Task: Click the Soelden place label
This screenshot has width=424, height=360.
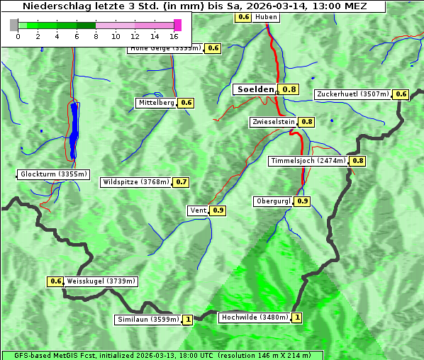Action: [x=255, y=89]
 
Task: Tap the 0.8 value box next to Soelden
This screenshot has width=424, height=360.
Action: [x=289, y=89]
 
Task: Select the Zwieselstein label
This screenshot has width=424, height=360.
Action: [x=273, y=122]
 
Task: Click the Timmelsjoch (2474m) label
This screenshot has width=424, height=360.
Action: [x=308, y=161]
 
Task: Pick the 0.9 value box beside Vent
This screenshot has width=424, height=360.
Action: [x=218, y=210]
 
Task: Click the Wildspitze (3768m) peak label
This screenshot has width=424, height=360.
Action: [x=136, y=182]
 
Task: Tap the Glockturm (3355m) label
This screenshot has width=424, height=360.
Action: [x=54, y=174]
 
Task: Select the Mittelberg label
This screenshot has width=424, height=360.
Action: [x=157, y=103]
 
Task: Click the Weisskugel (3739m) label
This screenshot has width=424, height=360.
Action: [x=101, y=281]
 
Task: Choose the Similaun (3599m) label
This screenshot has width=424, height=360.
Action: [x=149, y=320]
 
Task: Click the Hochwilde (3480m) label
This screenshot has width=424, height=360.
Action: [x=254, y=317]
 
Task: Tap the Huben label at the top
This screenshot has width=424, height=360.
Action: [x=266, y=16]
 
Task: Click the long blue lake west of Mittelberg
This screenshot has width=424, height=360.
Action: [x=74, y=131]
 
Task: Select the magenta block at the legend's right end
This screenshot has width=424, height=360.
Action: [x=177, y=25]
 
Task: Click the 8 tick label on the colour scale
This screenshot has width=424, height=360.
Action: [x=96, y=35]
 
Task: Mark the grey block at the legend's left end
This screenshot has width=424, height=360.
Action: [x=14, y=25]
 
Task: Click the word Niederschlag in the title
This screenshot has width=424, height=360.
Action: [x=53, y=6]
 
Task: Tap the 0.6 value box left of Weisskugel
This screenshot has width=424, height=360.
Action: [x=56, y=281]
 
